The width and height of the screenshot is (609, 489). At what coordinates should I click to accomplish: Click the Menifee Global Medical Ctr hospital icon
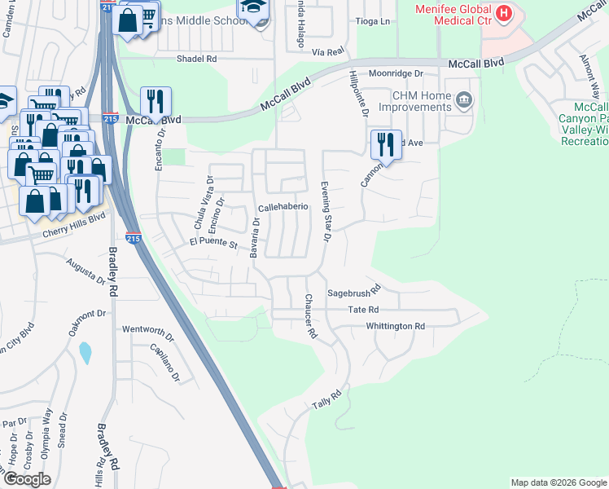click(x=504, y=13)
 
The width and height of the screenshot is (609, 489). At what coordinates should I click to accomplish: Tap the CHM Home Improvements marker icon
click(x=465, y=101)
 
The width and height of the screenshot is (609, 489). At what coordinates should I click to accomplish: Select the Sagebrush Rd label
click(x=354, y=292)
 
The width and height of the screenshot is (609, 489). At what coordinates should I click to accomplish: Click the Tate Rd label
click(x=363, y=310)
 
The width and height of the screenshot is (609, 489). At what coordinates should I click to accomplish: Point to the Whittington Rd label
click(x=396, y=326)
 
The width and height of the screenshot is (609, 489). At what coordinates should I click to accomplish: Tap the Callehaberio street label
click(x=283, y=207)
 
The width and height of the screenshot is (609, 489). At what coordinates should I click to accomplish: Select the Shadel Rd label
click(x=197, y=59)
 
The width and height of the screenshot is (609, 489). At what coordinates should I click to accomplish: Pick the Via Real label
click(x=328, y=51)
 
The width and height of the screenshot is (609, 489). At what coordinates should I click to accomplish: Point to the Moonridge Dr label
click(x=396, y=73)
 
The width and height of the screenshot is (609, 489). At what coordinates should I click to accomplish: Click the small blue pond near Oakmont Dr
click(x=85, y=353)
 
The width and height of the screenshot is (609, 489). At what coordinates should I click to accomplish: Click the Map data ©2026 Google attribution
click(x=558, y=482)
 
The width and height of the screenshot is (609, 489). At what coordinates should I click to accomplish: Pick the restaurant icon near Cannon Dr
click(x=385, y=144)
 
